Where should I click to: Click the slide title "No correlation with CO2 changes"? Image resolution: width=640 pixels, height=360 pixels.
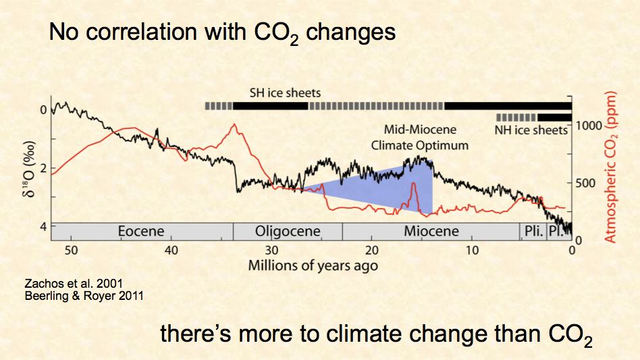coord(222,32)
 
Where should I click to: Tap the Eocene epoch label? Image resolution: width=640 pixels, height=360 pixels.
coord(141,231)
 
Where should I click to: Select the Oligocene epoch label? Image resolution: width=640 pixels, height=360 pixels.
coord(287,231)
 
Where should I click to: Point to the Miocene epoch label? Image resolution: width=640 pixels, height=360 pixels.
coord(431,231)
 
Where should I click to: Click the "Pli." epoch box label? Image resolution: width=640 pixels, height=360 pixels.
coord(531,231)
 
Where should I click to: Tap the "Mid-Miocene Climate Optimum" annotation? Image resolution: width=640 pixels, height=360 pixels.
coord(420,137)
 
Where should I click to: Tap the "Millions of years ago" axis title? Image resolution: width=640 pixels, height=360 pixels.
coord(313,264)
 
